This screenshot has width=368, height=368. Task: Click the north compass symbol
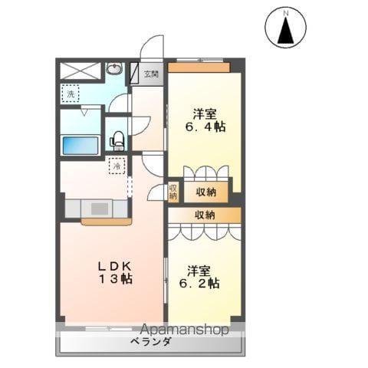285,30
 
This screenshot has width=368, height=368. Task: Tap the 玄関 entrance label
151,74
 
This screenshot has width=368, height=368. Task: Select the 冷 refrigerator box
117,166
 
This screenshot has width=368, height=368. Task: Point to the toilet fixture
117,140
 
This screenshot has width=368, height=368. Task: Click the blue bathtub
80,144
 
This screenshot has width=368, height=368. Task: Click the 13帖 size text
114,279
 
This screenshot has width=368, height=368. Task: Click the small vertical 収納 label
173,192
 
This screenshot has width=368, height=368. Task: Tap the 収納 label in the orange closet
205,191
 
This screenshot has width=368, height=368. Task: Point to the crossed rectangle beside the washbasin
80,71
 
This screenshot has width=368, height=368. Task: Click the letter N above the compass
285,12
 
